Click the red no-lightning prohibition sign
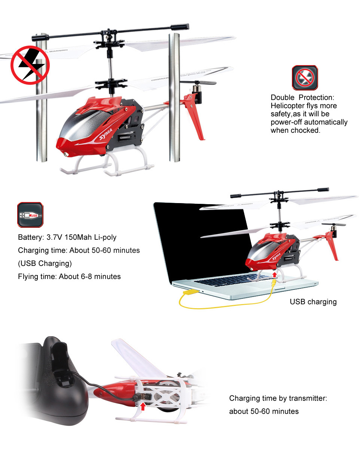30,65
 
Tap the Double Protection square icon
305,77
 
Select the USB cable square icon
30,215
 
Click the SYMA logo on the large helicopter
106,134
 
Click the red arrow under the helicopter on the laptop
274,274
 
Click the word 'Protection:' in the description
316,97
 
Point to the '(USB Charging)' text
45,263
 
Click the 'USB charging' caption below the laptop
313,302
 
